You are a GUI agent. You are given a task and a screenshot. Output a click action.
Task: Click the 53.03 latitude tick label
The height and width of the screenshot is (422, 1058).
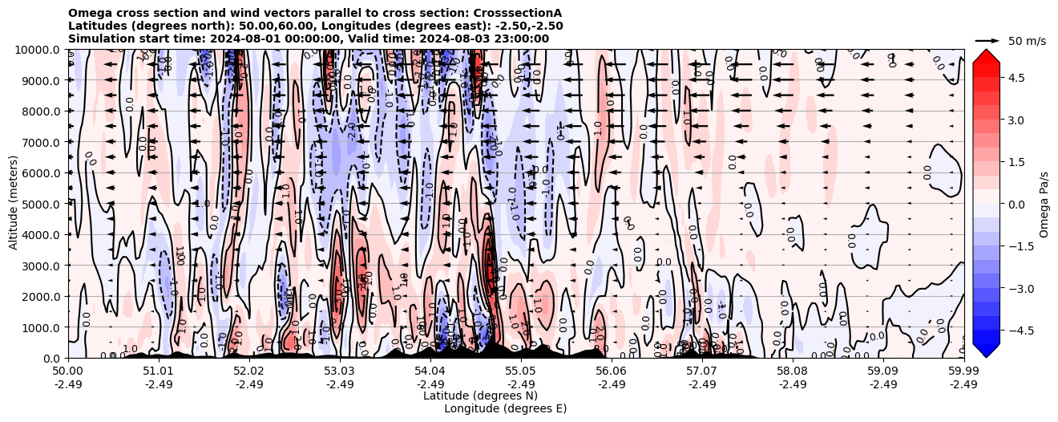point(339,371)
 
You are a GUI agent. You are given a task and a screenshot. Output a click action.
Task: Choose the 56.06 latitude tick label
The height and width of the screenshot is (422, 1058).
point(611,371)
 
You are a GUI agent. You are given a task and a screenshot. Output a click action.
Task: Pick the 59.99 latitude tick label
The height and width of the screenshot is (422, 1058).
point(963,371)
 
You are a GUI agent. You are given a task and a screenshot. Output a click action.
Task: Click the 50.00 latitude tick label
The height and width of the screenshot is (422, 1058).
point(68,371)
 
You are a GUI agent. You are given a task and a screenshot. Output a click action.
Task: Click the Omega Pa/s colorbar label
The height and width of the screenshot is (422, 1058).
point(1044,204)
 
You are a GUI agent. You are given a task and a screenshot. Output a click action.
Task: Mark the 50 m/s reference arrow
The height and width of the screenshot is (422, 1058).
point(987,40)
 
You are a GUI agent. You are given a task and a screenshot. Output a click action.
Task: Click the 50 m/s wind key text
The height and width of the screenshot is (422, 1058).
point(1027,41)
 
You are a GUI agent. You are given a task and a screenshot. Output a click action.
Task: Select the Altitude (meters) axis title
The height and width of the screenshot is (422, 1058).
point(14,204)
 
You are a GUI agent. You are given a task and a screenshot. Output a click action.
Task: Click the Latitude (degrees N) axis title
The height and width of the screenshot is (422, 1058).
point(480,396)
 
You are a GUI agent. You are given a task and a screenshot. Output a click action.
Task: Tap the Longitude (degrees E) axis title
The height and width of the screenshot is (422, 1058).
point(505,408)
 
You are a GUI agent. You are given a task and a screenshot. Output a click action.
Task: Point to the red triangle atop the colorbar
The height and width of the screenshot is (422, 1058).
point(986,55)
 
